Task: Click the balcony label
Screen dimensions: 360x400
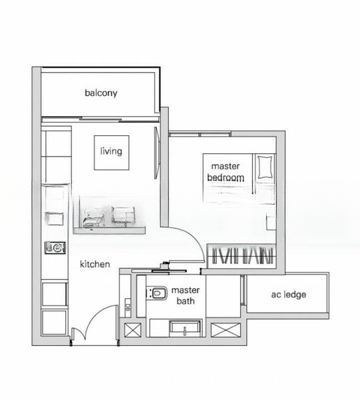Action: tap(101, 93)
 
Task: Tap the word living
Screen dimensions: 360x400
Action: tap(111, 151)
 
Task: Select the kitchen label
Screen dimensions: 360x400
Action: tap(95, 264)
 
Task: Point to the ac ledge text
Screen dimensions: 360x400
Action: tap(289, 295)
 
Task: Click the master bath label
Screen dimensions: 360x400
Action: tap(185, 295)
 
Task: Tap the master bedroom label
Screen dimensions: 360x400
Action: tap(225, 172)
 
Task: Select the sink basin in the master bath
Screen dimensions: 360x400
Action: tap(185, 327)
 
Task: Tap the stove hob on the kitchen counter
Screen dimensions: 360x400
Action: tap(55, 247)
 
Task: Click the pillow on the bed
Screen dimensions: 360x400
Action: tap(265, 167)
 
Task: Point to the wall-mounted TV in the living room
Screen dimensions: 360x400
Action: tap(157, 153)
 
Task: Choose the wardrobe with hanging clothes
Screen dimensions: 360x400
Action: tap(241, 256)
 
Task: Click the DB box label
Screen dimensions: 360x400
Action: tap(128, 307)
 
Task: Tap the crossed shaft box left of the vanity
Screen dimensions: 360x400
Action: tap(133, 330)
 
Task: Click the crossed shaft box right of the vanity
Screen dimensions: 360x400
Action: tap(226, 330)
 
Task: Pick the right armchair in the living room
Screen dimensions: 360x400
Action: tap(123, 216)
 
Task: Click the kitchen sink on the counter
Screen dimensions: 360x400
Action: tap(55, 219)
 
